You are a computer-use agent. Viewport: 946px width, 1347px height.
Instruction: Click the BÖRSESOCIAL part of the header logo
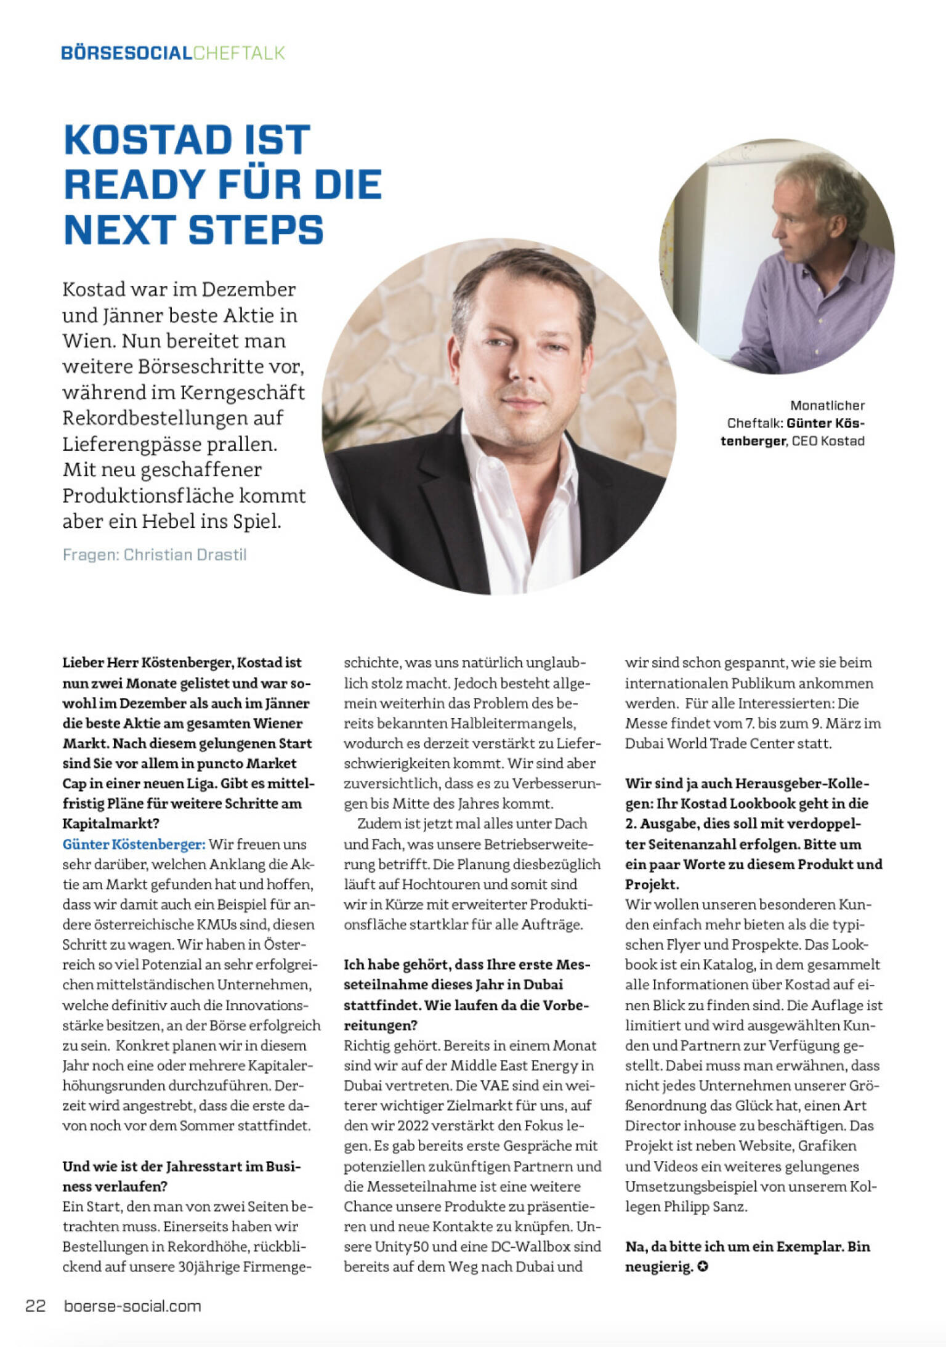pyautogui.click(x=126, y=53)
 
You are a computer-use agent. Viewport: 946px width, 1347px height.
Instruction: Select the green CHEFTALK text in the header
pyautogui.click(x=239, y=53)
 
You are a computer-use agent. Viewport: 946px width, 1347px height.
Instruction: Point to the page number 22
pyautogui.click(x=35, y=1306)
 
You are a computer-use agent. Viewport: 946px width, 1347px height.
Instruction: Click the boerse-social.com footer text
pyautogui.click(x=132, y=1306)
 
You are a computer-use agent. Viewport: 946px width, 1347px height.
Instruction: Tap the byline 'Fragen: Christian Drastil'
pyautogui.click(x=155, y=554)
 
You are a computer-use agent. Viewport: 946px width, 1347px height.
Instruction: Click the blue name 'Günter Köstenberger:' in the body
pyautogui.click(x=134, y=844)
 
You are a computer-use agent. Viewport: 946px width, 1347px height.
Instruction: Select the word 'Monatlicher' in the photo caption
pyautogui.click(x=827, y=405)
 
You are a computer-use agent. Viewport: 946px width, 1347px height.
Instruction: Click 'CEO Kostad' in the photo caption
pyautogui.click(x=828, y=441)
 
